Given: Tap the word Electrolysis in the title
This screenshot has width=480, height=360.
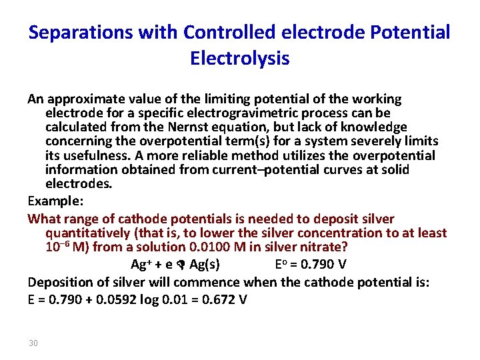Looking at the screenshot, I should tap(239, 59).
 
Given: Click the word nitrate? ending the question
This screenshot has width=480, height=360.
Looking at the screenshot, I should tap(324, 247).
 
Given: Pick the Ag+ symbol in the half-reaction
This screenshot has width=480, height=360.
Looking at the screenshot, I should tap(139, 265).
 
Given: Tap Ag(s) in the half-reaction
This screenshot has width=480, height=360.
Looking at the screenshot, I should tap(205, 265).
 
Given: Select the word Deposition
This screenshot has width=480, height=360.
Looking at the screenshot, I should tap(59, 282).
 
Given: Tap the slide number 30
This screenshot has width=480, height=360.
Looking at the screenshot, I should tap(34, 343).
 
